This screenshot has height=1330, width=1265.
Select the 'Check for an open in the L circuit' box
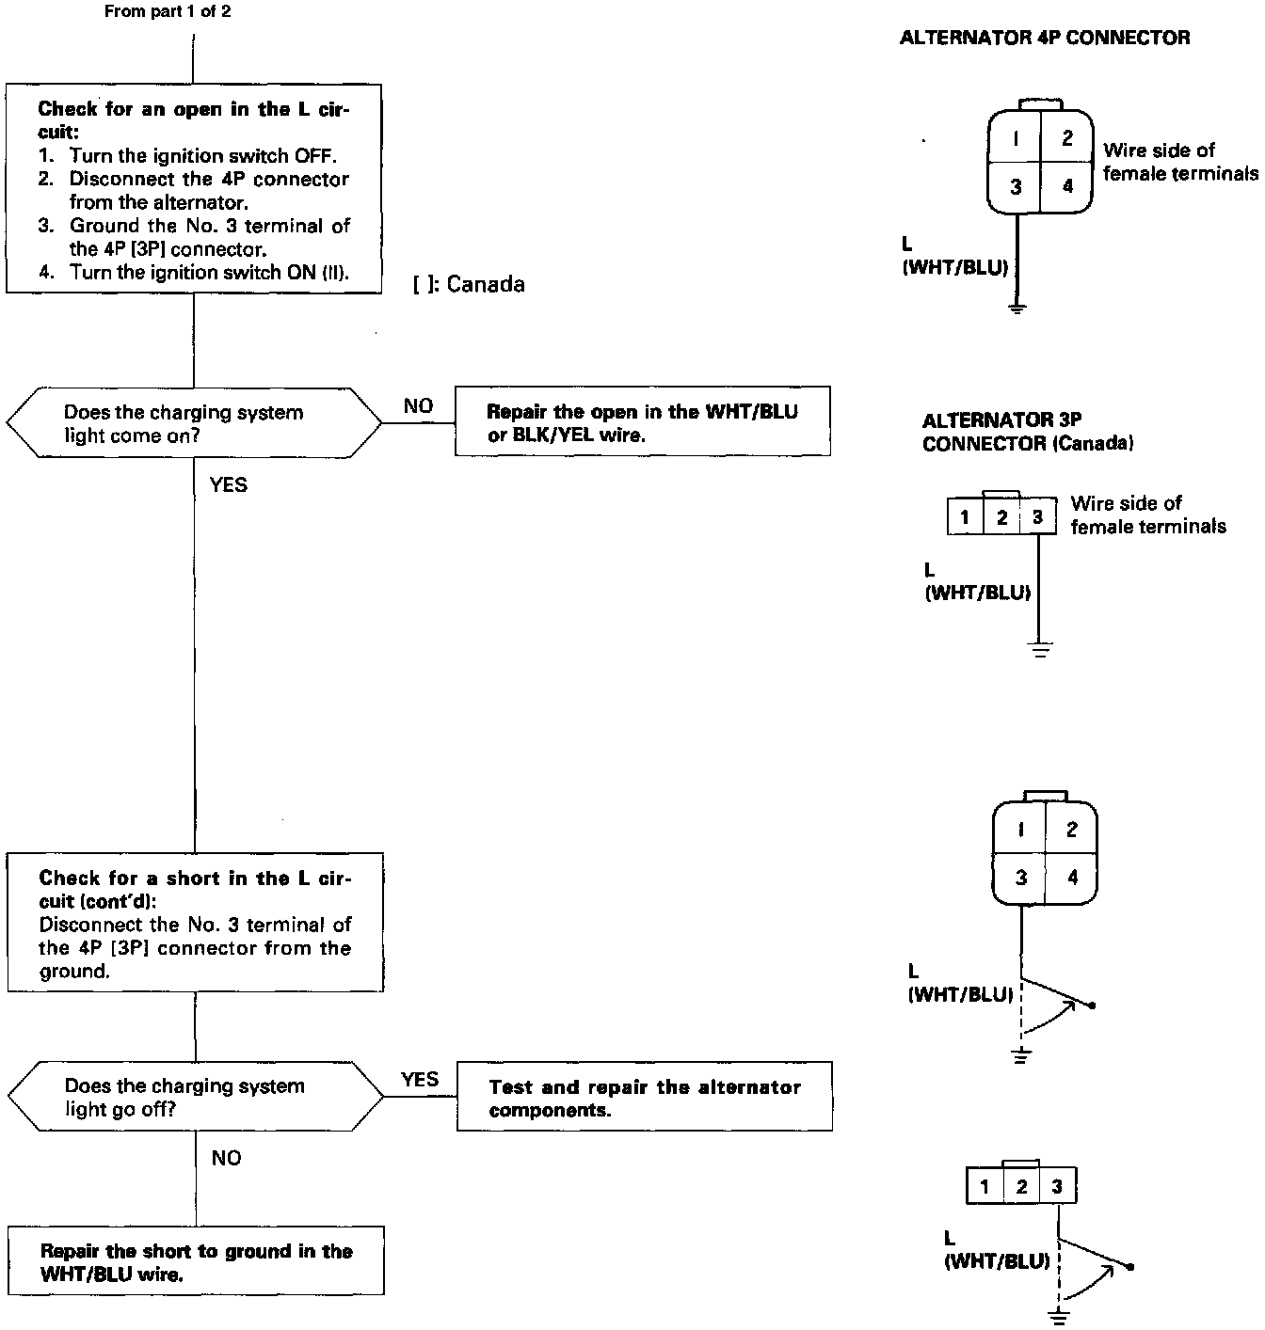[x=194, y=189]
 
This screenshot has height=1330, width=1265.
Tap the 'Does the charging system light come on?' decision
[x=194, y=423]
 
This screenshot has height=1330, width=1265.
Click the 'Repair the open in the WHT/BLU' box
[x=642, y=421]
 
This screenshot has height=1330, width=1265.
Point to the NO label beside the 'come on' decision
[x=418, y=405]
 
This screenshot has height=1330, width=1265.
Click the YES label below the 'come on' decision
[x=229, y=484]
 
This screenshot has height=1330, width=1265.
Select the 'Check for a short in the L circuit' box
[x=195, y=922]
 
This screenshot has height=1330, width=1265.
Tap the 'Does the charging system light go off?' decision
[x=195, y=1097]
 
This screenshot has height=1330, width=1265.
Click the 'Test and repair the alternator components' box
[x=644, y=1097]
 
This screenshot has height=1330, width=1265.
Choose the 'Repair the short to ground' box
[x=196, y=1260]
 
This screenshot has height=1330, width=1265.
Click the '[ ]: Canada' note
[x=469, y=285]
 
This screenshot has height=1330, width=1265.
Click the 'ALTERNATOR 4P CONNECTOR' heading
[x=1045, y=39]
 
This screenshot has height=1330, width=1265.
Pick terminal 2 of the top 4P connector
[x=1067, y=139]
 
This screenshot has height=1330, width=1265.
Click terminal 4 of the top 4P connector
[x=1067, y=186]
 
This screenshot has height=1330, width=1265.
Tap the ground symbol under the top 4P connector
[x=1017, y=307]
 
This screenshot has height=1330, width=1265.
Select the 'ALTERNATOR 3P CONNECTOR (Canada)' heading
[x=1028, y=432]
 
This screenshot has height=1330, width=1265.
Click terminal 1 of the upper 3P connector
[x=965, y=517]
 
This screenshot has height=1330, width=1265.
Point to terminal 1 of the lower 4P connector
[x=1021, y=830]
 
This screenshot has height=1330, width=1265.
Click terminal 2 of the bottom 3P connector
[x=1021, y=1186]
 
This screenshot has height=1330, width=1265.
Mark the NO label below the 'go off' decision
[x=226, y=1158]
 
